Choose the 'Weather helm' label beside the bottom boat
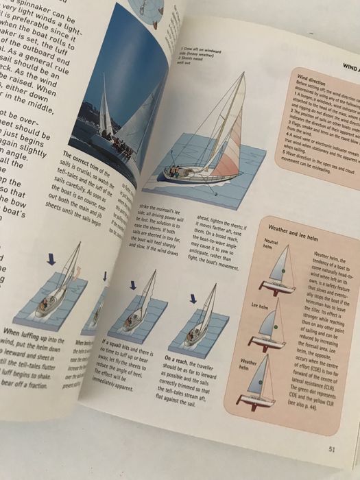click(x=250, y=361)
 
